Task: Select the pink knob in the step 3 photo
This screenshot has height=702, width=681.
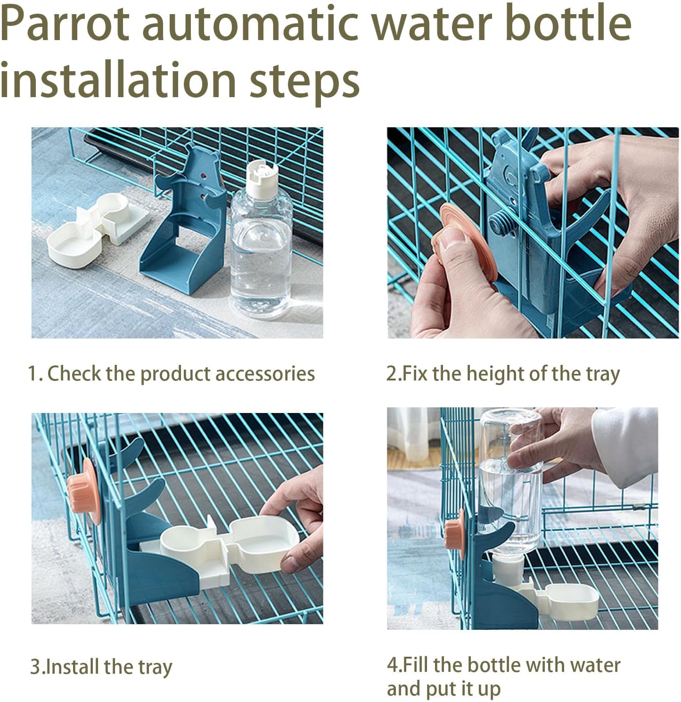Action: pos(85,491)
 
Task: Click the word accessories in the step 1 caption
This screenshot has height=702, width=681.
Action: pos(265,374)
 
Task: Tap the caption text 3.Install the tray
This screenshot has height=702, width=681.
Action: pos(101,667)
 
